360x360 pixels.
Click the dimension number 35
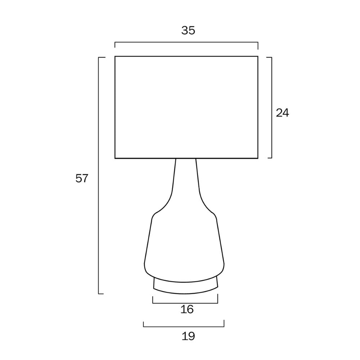(x=188, y=31)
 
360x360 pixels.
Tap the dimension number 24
(x=282, y=113)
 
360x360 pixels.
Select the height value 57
(x=82, y=178)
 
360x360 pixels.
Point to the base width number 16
(x=187, y=309)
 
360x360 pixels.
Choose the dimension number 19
(x=188, y=336)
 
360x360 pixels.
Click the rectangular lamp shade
(x=186, y=107)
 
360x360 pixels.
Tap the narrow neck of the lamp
(x=185, y=184)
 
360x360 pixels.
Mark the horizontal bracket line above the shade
(x=186, y=42)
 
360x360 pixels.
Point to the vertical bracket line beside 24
(x=271, y=107)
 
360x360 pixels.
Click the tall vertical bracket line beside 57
(x=99, y=175)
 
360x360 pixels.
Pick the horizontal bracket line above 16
(x=185, y=303)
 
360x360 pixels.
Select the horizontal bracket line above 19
(x=184, y=327)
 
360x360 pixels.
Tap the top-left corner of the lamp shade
(x=115, y=57)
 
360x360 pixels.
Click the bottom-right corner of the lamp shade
(x=258, y=158)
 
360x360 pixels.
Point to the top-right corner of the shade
(x=258, y=57)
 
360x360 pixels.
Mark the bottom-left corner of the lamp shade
(x=115, y=158)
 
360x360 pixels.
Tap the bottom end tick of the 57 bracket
(x=101, y=293)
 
